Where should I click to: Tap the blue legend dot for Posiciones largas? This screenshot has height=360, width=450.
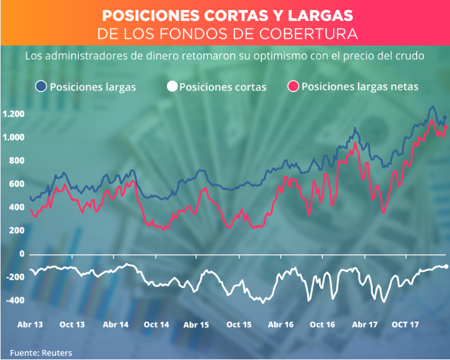(x=41, y=87)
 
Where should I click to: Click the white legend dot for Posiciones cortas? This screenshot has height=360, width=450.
(x=171, y=87)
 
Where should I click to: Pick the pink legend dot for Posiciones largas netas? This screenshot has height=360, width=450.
(x=294, y=87)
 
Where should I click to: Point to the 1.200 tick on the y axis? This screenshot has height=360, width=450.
(x=13, y=114)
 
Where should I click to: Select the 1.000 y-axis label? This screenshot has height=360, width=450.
(x=13, y=137)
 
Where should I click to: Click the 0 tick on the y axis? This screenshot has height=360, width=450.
(x=22, y=254)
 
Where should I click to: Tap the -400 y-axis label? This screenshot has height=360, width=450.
(x=14, y=301)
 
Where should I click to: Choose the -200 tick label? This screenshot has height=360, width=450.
(x=14, y=277)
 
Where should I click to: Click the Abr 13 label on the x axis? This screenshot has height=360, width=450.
(x=29, y=325)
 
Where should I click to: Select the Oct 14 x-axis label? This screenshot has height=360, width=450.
(x=156, y=325)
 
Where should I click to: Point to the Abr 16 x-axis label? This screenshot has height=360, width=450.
(x=281, y=325)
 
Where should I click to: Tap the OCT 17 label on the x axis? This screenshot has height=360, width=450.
(x=406, y=325)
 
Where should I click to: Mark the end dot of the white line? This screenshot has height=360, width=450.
(x=446, y=267)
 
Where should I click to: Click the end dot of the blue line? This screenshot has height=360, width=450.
(x=444, y=118)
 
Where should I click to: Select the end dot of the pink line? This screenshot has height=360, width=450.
(x=445, y=127)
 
